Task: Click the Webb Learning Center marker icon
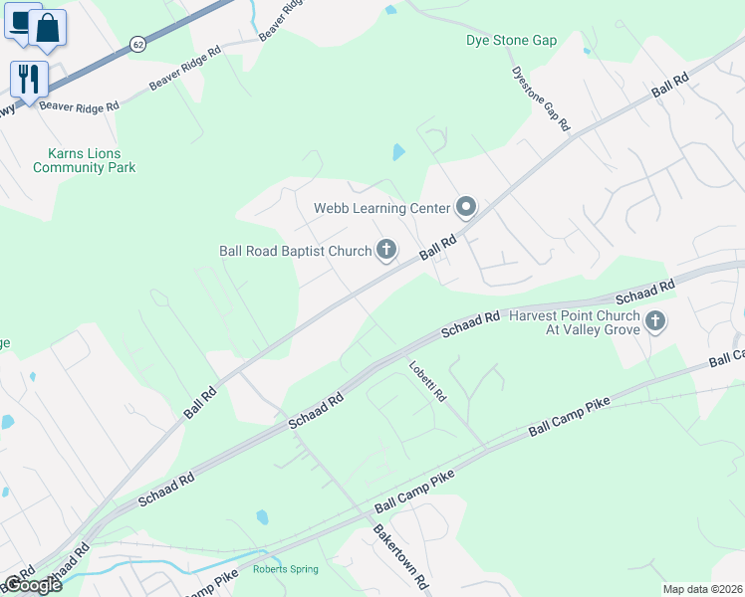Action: pyautogui.click(x=466, y=208)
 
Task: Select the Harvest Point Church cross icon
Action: pyautogui.click(x=654, y=321)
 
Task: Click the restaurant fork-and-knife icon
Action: pyautogui.click(x=28, y=79)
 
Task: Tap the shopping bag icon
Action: pyautogui.click(x=47, y=28)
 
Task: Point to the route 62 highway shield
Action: pyautogui.click(x=137, y=45)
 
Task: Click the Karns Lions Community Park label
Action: pyautogui.click(x=84, y=160)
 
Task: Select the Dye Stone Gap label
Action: pyautogui.click(x=511, y=41)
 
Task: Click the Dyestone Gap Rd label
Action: pyautogui.click(x=540, y=99)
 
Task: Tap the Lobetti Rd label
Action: pyautogui.click(x=427, y=381)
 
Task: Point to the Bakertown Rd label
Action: pyautogui.click(x=399, y=555)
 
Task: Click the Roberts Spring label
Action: pyautogui.click(x=285, y=569)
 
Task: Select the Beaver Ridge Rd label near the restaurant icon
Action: pyautogui.click(x=80, y=104)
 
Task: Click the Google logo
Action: pyautogui.click(x=32, y=585)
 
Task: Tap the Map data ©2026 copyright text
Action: pyautogui.click(x=702, y=589)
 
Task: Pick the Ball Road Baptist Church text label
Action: pyautogui.click(x=295, y=251)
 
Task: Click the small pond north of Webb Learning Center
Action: pyautogui.click(x=399, y=152)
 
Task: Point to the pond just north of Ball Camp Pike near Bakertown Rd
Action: pyautogui.click(x=262, y=517)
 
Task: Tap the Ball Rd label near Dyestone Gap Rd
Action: pyautogui.click(x=669, y=85)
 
